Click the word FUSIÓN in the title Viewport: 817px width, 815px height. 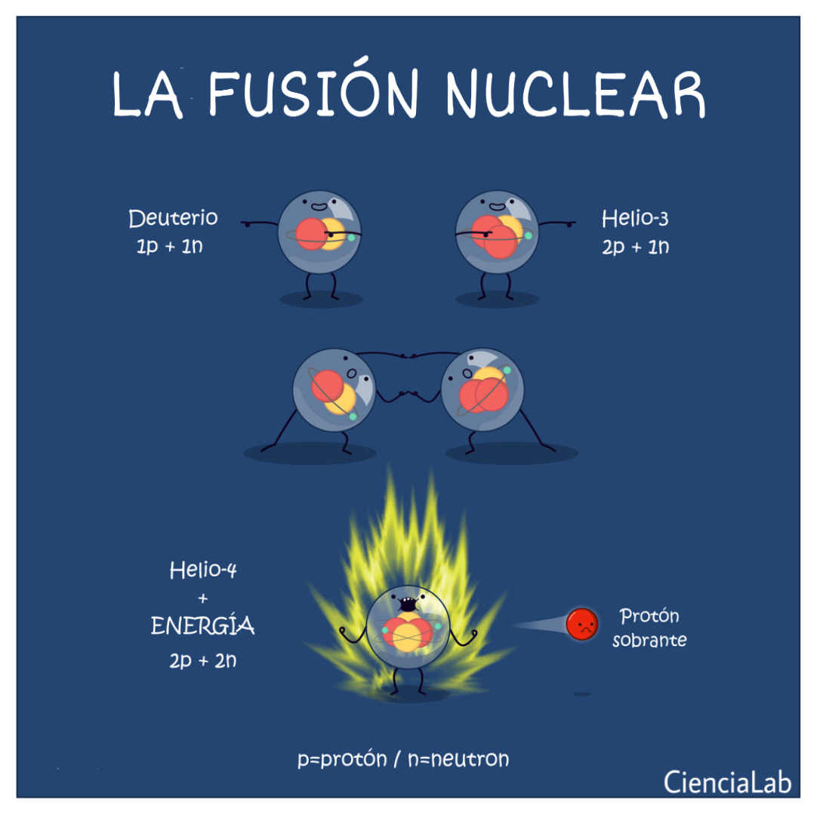(313, 89)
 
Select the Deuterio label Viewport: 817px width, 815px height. (173, 218)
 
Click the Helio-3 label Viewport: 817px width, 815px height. (634, 218)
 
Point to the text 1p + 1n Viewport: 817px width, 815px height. (169, 246)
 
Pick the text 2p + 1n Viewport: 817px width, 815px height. (635, 246)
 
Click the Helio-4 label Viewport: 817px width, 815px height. (203, 570)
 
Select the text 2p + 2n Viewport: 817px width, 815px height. (202, 660)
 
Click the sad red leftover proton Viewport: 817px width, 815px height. (582, 623)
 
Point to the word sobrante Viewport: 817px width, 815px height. (649, 639)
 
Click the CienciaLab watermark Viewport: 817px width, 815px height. (727, 783)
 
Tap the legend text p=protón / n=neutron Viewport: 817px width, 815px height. (402, 758)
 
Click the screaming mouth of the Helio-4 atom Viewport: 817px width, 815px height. (408, 604)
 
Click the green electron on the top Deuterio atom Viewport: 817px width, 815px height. (351, 238)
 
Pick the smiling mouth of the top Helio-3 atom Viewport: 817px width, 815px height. (496, 207)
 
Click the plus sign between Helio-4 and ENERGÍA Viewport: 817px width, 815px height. (203, 598)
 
